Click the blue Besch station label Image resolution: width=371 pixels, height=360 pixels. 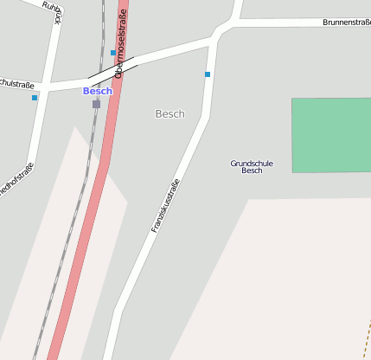click(97, 91)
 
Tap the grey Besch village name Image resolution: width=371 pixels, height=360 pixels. click(170, 114)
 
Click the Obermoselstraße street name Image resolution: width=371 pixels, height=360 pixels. click(121, 43)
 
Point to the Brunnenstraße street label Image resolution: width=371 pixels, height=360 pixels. click(346, 22)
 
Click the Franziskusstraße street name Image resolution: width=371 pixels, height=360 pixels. click(165, 205)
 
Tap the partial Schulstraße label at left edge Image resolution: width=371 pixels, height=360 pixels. click(17, 85)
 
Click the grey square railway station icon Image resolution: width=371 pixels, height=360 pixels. click(96, 104)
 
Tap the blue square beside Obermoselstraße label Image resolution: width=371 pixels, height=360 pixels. click(112, 53)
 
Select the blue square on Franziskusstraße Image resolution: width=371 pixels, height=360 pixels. click(208, 74)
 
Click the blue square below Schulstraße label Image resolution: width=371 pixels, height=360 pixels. click(35, 98)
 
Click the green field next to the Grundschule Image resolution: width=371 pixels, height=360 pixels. click(331, 135)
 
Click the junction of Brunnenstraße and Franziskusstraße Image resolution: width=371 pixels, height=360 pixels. click(215, 36)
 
